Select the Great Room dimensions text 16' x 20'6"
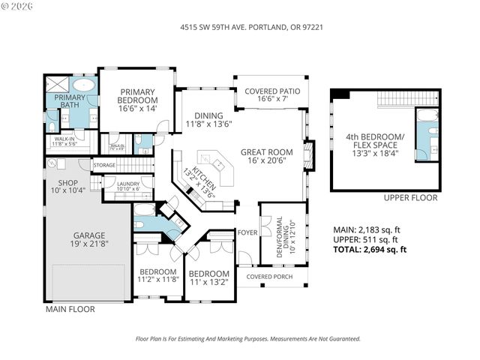click(266, 160)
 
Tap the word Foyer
click(247, 232)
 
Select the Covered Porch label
click(271, 276)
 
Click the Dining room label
click(202, 115)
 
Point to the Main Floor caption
click(68, 307)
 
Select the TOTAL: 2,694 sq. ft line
click(370, 250)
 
